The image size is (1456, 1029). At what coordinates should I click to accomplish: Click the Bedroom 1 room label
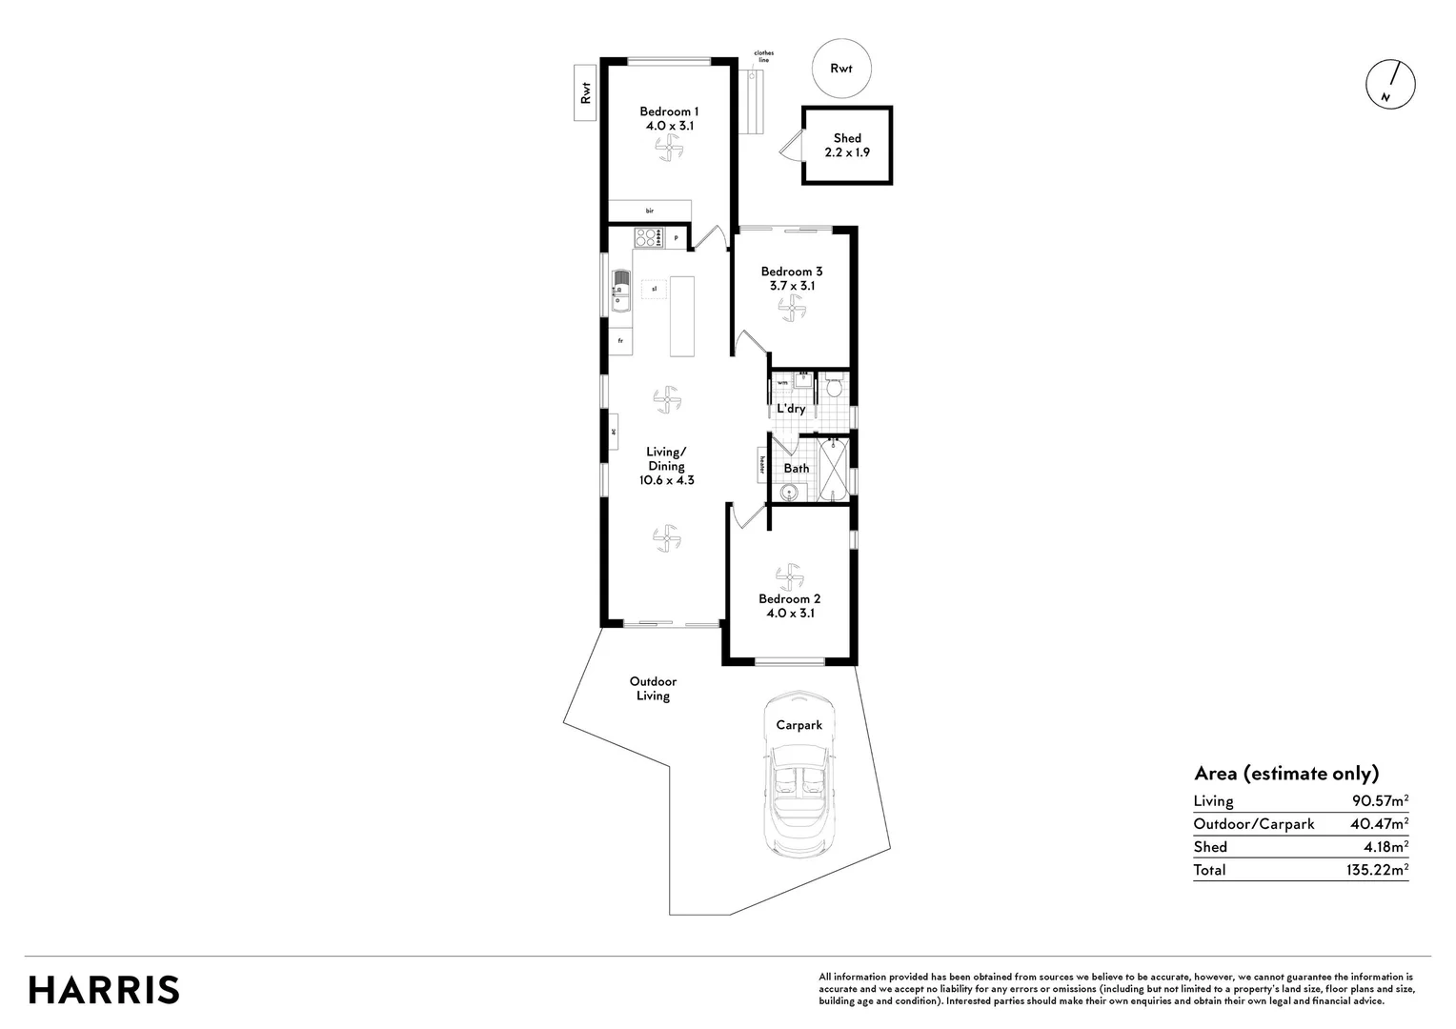point(667,111)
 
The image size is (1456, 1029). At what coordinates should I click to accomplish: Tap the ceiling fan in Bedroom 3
point(790,307)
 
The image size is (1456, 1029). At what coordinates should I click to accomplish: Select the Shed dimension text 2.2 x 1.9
point(846,152)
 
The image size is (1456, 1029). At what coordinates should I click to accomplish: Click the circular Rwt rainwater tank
point(840,68)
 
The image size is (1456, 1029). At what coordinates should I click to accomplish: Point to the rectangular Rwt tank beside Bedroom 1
point(585,92)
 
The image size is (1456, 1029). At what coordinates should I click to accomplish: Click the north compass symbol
point(1390,85)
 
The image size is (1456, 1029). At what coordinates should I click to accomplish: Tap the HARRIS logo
point(104,989)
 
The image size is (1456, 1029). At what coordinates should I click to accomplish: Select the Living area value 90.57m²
point(1374,801)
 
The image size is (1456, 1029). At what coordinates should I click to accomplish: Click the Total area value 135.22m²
point(1371,870)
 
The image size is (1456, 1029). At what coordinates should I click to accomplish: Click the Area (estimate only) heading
point(1285,774)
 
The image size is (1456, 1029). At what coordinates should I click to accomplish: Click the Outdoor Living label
point(653,689)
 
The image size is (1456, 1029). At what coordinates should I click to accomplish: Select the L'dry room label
point(791,409)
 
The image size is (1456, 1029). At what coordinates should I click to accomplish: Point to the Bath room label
point(796,468)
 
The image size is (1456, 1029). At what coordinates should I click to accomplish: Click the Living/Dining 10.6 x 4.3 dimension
point(666,481)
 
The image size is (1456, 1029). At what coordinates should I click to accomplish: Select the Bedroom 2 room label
point(789,599)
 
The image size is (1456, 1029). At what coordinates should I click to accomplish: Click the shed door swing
point(789,148)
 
